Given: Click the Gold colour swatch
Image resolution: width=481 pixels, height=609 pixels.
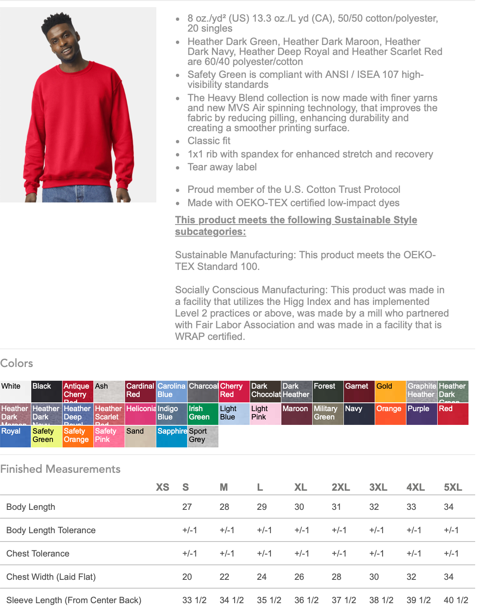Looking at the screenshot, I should [390, 392].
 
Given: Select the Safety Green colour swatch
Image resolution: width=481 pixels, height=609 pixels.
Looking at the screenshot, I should [47, 436].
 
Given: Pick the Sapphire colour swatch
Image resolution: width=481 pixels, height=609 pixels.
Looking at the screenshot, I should [171, 436].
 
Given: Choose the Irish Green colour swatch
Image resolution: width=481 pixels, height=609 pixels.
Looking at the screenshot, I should [203, 414].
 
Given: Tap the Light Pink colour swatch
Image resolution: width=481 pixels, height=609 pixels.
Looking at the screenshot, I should [265, 414].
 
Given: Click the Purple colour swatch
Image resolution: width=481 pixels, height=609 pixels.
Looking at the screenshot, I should [421, 414].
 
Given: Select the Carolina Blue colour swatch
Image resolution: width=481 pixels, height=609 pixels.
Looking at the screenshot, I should [171, 392].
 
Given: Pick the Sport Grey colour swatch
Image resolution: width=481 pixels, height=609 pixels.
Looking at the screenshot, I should [203, 436].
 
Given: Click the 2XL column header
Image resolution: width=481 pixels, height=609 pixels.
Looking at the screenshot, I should [341, 487].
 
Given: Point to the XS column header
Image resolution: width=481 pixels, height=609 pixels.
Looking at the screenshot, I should [163, 487].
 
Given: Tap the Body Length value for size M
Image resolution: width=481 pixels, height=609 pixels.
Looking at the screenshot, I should [224, 507].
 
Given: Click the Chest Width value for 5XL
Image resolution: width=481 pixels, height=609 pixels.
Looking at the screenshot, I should [448, 577].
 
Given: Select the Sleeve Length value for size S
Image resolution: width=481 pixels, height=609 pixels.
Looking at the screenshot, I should [194, 600].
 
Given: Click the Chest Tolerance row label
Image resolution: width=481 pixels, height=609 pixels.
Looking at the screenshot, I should [38, 554].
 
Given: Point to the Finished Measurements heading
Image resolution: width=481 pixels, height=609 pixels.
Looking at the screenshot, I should [60, 469].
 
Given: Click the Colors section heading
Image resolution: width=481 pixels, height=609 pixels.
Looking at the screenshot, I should [17, 363].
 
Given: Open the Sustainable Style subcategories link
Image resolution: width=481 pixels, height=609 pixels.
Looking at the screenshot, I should [296, 225].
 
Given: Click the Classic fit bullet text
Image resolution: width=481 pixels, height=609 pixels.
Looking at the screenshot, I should [209, 141].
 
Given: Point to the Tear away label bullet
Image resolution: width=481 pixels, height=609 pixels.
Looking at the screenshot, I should [222, 167].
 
